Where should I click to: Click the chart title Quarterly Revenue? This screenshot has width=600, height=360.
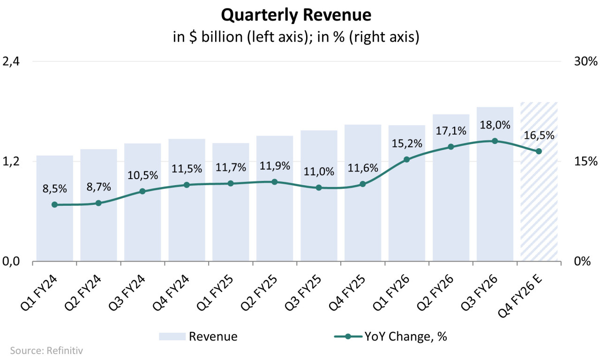tap(296, 15)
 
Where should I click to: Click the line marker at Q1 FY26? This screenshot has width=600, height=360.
tap(406, 159)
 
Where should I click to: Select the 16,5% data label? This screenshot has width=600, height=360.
tap(539, 135)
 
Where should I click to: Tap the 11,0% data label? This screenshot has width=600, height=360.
tap(318, 172)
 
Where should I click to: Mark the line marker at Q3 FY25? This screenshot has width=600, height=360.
tap(318, 187)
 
